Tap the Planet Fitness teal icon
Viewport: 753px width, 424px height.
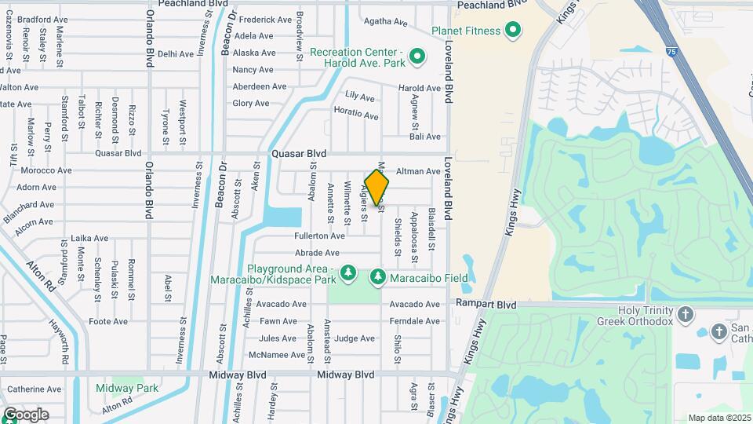513,31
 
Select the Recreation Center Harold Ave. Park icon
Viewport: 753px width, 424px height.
417,56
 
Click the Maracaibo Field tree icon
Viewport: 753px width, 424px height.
378,277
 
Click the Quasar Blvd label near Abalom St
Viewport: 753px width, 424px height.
298,154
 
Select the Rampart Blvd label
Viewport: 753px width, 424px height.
493,304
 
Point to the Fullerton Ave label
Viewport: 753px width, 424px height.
319,236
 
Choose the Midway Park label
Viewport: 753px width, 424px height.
127,388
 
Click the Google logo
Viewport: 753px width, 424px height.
25,415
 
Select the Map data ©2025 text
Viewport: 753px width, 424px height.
718,418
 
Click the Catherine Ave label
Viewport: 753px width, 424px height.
34,389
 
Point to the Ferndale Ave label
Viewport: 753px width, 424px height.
415,321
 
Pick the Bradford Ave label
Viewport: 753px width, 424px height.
39,19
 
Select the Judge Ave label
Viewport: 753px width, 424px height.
355,338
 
